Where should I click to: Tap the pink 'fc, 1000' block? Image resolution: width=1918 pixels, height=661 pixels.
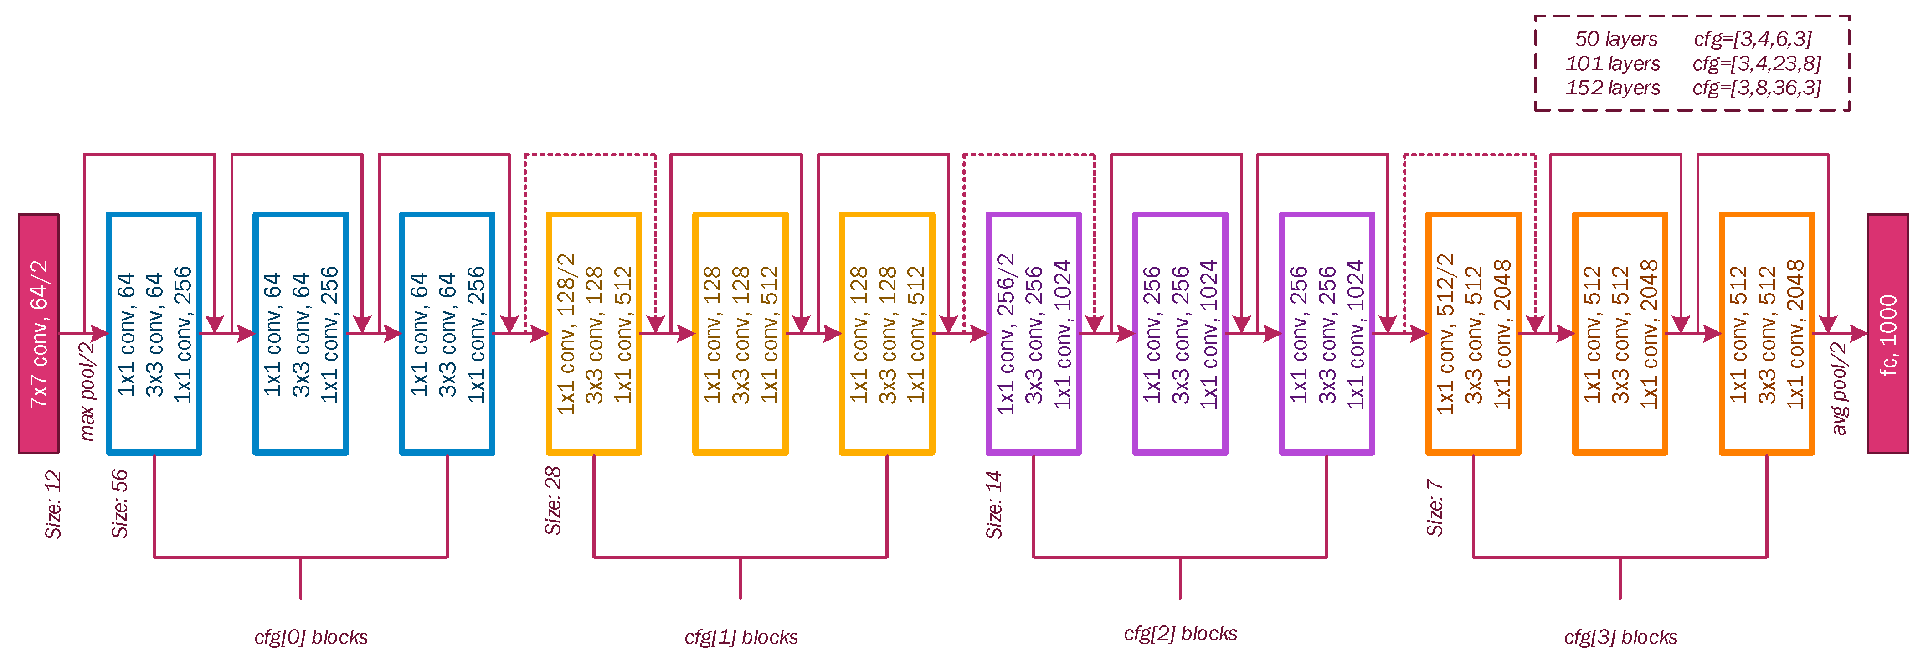coord(1887,333)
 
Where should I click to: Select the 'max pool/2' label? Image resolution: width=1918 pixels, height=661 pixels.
coord(88,391)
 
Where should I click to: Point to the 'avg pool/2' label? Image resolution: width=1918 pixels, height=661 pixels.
coord(1839,389)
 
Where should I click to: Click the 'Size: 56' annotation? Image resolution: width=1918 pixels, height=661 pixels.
coord(120,504)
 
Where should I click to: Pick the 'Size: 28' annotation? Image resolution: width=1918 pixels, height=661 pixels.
coord(553,501)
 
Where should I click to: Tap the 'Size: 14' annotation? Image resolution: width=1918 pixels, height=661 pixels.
coord(994,505)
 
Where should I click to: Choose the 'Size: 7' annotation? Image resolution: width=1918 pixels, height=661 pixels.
coord(1435,507)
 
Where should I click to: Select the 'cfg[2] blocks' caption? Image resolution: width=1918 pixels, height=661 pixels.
coord(1180,634)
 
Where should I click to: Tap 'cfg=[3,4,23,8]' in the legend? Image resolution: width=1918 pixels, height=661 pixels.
coord(1756,63)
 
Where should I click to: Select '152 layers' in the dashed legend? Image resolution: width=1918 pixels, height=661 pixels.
coord(1613,88)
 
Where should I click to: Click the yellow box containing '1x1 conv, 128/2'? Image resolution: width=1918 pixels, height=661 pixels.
coord(593,333)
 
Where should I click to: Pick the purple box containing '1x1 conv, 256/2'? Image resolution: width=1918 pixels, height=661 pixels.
coord(1034,333)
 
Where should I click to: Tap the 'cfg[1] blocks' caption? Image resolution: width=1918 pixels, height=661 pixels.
coord(741,637)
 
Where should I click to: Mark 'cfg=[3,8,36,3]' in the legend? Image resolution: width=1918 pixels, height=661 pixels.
coord(1756,88)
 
